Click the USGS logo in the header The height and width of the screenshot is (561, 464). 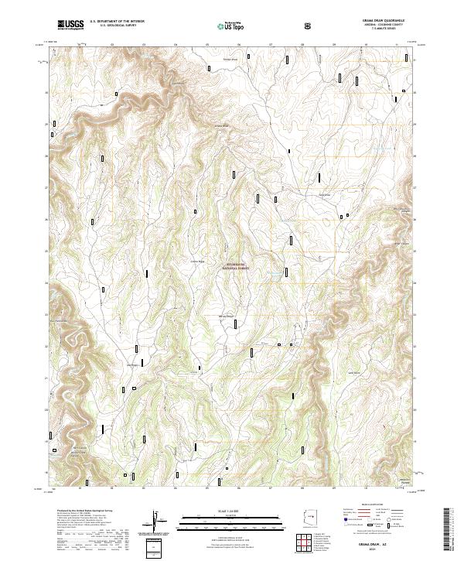click(x=70, y=24)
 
